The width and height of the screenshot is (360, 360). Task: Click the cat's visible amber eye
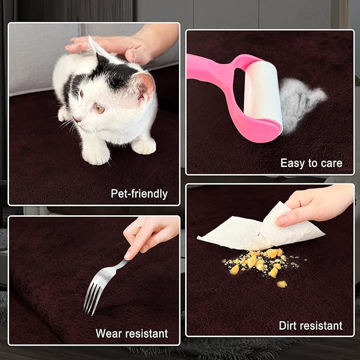(100, 108)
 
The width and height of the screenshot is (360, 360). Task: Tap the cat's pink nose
(76, 119)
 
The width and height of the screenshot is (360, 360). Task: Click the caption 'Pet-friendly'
(139, 194)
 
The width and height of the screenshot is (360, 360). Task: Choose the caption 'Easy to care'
(311, 163)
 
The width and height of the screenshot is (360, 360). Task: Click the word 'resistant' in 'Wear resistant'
(146, 333)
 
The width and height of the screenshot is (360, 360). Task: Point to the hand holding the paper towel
(317, 206)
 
